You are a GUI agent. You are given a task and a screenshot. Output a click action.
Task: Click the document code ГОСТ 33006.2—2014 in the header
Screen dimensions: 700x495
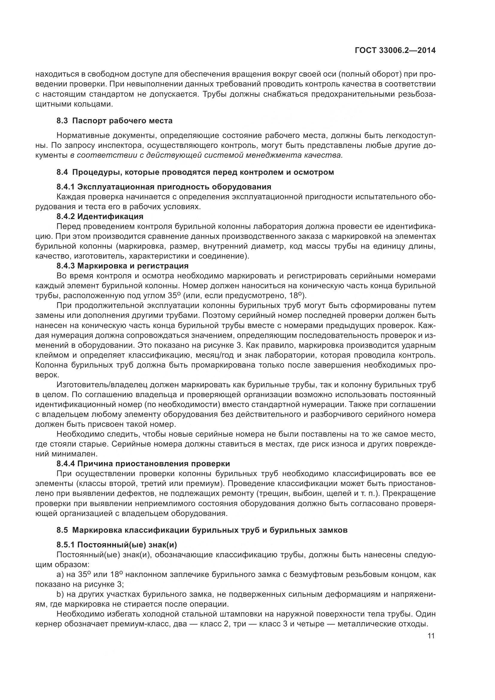[x=395, y=51]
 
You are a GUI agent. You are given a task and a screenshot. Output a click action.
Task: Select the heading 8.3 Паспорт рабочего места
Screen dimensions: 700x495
[x=114, y=121]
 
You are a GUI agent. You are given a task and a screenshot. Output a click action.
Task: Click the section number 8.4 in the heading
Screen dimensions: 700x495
[x=62, y=172]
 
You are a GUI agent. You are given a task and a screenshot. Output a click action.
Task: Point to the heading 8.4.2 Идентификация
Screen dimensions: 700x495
[x=100, y=216]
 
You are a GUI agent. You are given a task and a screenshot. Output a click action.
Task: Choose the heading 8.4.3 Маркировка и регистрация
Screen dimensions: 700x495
[x=122, y=266]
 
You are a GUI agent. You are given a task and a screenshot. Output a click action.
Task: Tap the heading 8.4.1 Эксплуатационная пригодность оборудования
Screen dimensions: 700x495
[x=164, y=186]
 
